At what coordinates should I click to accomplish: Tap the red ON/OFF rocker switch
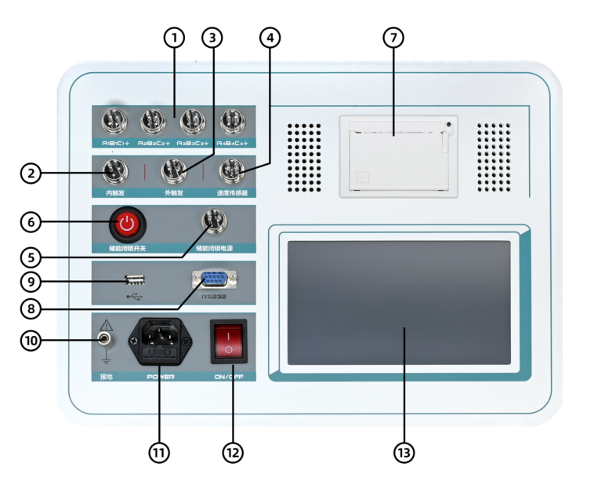228,341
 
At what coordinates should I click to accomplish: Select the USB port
136,279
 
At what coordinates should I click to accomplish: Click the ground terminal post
103,340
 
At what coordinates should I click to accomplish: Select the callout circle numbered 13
404,452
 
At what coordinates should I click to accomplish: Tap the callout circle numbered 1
174,37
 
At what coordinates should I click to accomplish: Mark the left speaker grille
303,157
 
